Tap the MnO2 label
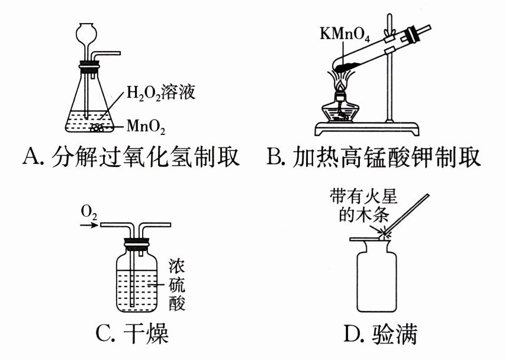pos(146,126)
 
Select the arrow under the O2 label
pos(88,226)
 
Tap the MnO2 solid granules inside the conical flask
pos(98,126)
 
